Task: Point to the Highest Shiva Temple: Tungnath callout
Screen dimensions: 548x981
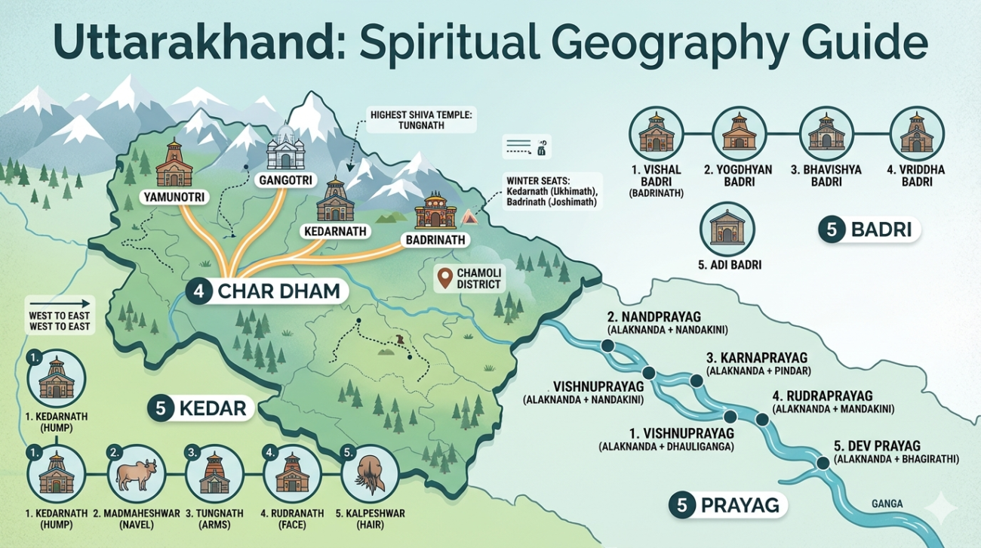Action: [418, 122]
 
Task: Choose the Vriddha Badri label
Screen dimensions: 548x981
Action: [916, 176]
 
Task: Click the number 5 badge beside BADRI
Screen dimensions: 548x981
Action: [832, 229]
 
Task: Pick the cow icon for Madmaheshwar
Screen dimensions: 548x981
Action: [136, 473]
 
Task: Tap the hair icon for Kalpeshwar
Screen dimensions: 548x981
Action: [368, 473]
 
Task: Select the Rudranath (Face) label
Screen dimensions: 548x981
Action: [291, 519]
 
